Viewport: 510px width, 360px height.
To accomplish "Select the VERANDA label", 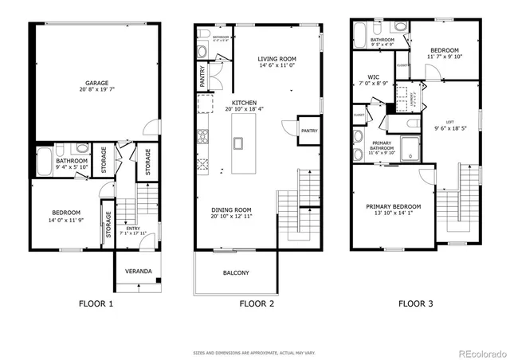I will tap(138, 272).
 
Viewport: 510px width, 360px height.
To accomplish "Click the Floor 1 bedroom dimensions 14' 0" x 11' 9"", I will tap(65, 219).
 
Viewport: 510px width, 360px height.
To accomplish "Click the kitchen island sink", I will tap(238, 143).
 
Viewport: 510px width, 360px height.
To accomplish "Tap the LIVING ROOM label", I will tap(277, 59).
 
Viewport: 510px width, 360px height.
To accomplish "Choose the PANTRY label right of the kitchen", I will tap(308, 130).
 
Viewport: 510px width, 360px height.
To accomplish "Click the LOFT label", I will tap(449, 122).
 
